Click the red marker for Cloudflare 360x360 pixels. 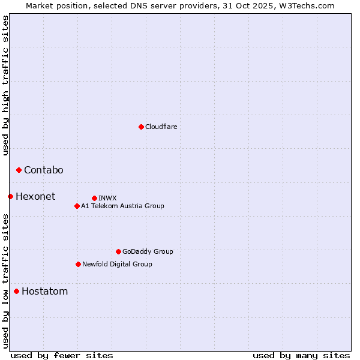pyautogui.click(x=141, y=127)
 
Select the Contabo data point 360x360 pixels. pyautogui.click(x=19, y=170)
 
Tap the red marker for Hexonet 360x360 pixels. pyautogui.click(x=10, y=196)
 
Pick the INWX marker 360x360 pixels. pyautogui.click(x=94, y=198)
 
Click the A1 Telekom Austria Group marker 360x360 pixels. pyautogui.click(x=77, y=206)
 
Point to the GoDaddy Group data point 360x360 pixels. pyautogui.click(x=118, y=251)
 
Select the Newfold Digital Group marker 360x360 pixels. pyautogui.click(x=78, y=264)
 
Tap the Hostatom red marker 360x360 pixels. pyautogui.click(x=16, y=292)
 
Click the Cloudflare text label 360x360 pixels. pyautogui.click(x=161, y=127)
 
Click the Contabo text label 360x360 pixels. pyautogui.click(x=43, y=170)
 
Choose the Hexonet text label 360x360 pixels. pyautogui.click(x=35, y=197)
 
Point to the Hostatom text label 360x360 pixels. pyautogui.click(x=44, y=292)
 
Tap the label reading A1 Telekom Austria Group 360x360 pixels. pyautogui.click(x=122, y=206)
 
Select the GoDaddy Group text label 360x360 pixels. pyautogui.click(x=148, y=252)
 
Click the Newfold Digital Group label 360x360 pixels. pyautogui.click(x=117, y=264)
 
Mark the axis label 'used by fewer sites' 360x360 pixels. pyautogui.click(x=62, y=355)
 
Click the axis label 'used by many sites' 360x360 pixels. pyautogui.click(x=301, y=355)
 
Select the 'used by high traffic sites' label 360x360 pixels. pyautogui.click(x=5, y=85)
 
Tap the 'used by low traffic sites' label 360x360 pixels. pyautogui.click(x=5, y=280)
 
